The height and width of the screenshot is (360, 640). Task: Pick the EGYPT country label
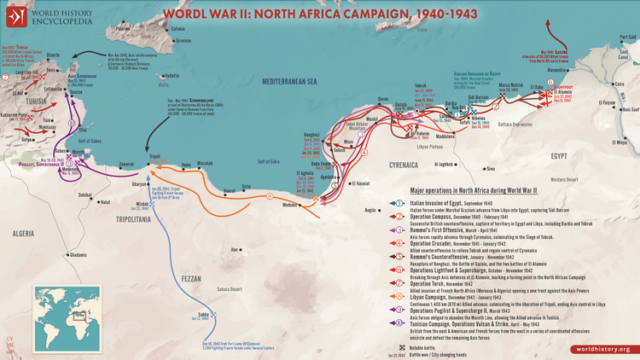click(558, 156)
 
